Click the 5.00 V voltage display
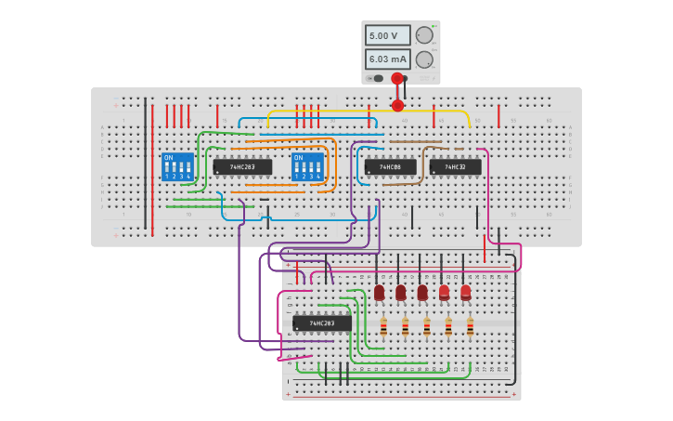[387, 35]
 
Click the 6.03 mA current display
[387, 59]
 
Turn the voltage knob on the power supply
[424, 35]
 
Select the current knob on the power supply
[424, 59]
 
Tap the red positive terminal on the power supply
[397, 79]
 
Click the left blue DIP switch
[177, 166]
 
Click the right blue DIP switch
[307, 166]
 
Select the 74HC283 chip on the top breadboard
[242, 167]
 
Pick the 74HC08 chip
[390, 167]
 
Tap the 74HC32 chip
[455, 167]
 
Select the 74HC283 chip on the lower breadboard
[322, 323]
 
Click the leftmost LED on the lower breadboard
[379, 293]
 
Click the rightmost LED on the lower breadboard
[466, 293]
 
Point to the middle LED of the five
[422, 293]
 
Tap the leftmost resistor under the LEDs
[383, 327]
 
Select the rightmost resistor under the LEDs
[470, 327]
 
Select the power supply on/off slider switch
[377, 78]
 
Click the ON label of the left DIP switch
[168, 157]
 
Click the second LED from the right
[444, 293]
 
